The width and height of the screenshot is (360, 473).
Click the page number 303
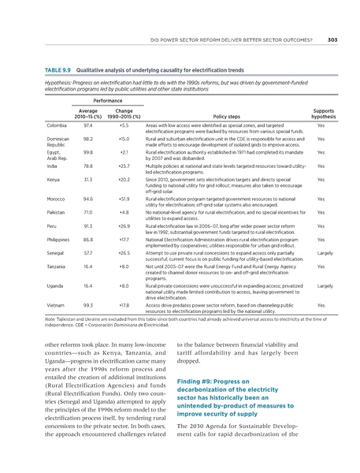(332, 39)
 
